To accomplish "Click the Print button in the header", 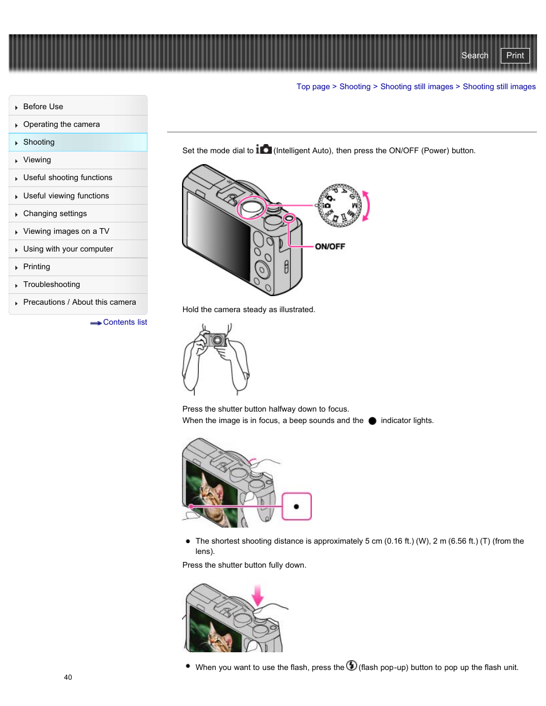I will point(515,55).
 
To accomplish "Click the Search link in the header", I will point(474,55).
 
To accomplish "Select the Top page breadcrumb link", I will point(312,86).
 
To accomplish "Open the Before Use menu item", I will point(43,106).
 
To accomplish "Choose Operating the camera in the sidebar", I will point(61,124).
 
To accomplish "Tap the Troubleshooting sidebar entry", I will point(52,284).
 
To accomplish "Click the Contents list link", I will point(124,322).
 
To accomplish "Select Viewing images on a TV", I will point(66,231).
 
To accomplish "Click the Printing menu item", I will point(37,266).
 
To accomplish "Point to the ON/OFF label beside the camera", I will point(330,246).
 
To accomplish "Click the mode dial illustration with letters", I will point(340,206).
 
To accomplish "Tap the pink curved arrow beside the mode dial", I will point(366,206).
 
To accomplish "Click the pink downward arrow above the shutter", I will point(258,595).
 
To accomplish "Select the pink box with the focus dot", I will point(296,506).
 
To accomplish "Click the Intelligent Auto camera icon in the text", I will point(264,149).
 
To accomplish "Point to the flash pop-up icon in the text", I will point(351,665).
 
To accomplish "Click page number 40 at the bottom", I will point(68,677).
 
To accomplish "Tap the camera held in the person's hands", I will point(217,340).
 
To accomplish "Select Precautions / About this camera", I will point(80,302).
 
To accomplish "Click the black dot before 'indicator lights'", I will point(372,421).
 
